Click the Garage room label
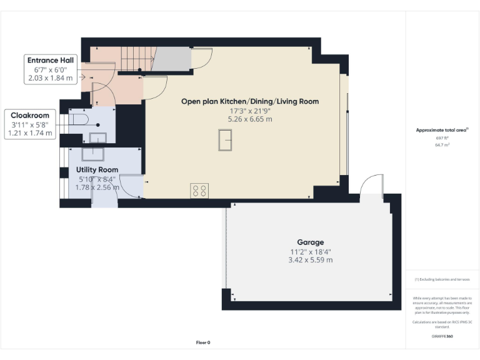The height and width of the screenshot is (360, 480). pos(310,242)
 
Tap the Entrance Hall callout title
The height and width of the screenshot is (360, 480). pos(51,60)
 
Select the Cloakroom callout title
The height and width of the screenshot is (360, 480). pos(30,115)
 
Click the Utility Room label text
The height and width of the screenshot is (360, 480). pos(97,169)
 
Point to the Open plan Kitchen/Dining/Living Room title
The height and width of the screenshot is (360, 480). pos(250,101)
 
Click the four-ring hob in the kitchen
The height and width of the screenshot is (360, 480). pos(199,190)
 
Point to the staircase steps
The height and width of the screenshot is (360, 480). pos(133,59)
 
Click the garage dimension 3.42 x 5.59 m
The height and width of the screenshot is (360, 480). pos(310,259)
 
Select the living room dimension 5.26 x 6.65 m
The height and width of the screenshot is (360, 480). pos(250,119)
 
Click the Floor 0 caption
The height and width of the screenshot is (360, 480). pos(203,342)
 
